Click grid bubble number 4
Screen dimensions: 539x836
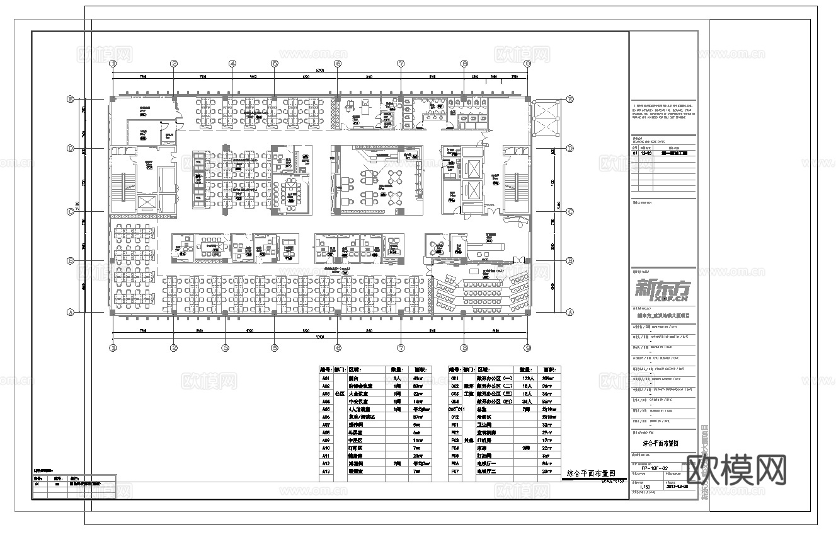232,64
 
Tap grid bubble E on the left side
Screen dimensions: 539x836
71,99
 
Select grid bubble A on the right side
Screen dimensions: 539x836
570,312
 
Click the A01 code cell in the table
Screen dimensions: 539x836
326,378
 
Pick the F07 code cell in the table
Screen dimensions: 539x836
454,470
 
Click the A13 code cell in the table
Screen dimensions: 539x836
326,470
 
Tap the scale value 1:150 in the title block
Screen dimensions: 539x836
644,487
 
